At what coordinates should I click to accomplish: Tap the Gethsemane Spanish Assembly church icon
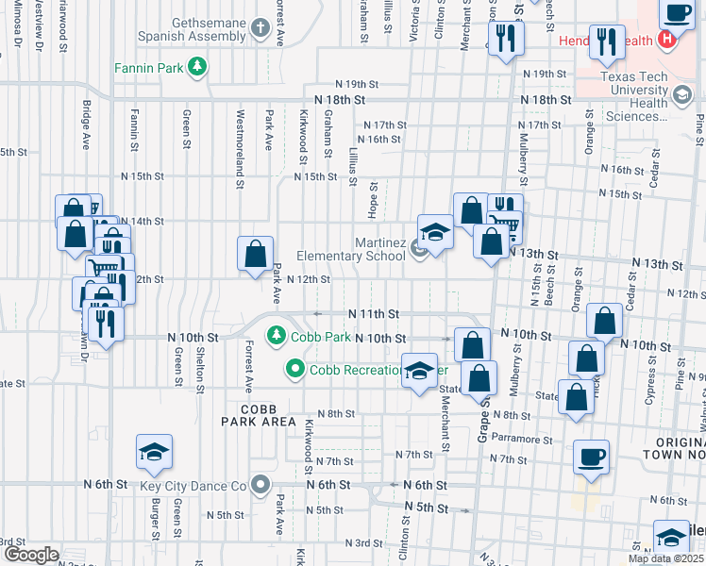[x=261, y=26]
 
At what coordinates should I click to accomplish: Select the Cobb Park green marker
[x=276, y=335]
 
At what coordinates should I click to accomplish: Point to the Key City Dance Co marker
[x=261, y=485]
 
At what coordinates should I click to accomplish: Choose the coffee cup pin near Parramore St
[x=592, y=458]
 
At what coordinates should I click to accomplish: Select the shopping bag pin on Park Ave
[x=255, y=254]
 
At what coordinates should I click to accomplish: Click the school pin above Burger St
[x=154, y=453]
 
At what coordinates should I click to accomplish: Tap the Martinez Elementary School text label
[x=351, y=249]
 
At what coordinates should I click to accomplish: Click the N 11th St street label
[x=373, y=313]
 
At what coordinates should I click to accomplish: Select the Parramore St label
[x=527, y=440]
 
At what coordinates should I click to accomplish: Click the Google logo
[x=31, y=555]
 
